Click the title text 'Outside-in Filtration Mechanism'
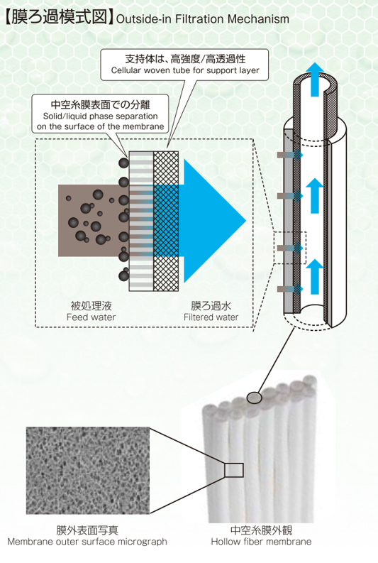203,18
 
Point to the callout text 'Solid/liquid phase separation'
101,116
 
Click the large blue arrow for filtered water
211,221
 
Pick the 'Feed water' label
91,317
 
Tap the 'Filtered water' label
211,317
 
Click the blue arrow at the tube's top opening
314,79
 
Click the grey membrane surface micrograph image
88,471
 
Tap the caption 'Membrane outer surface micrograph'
87,542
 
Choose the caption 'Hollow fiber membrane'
261,542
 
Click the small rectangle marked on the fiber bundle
234,470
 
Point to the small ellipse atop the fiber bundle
255,398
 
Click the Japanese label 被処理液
91,306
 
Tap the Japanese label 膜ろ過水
211,306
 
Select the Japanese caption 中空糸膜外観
261,530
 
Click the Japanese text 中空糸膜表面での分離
101,104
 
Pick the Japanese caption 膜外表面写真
87,530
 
